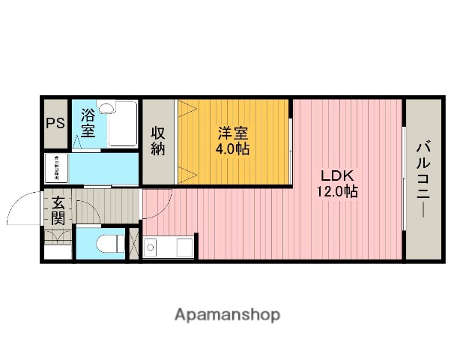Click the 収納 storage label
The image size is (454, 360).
click(158, 141)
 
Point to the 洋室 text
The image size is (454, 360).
click(233, 133)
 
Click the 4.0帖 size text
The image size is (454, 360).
click(233, 148)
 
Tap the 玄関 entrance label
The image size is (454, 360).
click(58, 211)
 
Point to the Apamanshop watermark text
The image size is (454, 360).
click(227, 315)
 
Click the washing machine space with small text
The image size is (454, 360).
click(55, 169)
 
